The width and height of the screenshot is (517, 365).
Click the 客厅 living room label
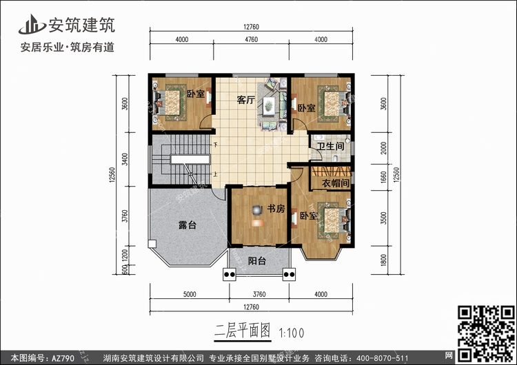246,100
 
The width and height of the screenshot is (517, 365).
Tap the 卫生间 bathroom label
330,146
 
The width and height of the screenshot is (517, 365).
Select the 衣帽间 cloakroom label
336,183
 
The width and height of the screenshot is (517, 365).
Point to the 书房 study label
276,209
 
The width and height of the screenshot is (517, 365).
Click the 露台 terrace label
187,225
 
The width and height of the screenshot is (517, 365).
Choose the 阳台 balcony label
257,261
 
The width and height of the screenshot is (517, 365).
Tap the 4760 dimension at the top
251,39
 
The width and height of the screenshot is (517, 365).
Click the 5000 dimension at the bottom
190,294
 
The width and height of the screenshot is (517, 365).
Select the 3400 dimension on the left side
125,159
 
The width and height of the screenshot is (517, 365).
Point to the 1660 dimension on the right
383,177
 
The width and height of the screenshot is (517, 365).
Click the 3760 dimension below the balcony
259,294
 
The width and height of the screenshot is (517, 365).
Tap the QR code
486,333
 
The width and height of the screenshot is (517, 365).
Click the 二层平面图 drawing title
243,331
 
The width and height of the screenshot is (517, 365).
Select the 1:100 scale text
292,333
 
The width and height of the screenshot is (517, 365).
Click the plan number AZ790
63,357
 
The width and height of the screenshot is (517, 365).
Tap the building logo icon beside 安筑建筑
32,24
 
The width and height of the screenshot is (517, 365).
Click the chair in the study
257,209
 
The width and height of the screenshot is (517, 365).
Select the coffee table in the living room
269,105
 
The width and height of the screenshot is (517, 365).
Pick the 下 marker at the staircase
216,145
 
